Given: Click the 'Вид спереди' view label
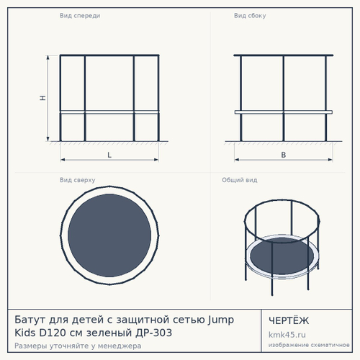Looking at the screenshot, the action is tap(80, 16).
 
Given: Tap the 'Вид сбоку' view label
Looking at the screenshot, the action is tap(250, 16).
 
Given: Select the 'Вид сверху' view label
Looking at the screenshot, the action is tap(77, 180).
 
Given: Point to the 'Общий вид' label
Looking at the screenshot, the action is tap(240, 180).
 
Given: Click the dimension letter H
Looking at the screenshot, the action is tap(42, 98).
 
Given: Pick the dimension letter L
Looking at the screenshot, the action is tap(109, 155).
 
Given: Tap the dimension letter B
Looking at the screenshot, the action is tap(284, 155).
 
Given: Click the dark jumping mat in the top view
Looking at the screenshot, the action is tap(109, 235).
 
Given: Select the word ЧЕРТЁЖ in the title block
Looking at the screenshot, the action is tap(289, 320).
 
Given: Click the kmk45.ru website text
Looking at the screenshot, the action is tap(287, 335).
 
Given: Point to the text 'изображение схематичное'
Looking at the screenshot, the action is tap(309, 345).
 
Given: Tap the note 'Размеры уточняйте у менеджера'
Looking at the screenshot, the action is tap(78, 346).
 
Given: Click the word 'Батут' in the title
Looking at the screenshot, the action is tap(30, 320).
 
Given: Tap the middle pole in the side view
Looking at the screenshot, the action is tap(284, 99).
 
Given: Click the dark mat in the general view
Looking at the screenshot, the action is tap(282, 256).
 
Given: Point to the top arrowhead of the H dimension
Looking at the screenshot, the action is tap(48, 57).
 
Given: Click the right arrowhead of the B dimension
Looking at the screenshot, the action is tap(330, 160).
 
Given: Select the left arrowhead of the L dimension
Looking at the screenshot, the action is tap(63, 160).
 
